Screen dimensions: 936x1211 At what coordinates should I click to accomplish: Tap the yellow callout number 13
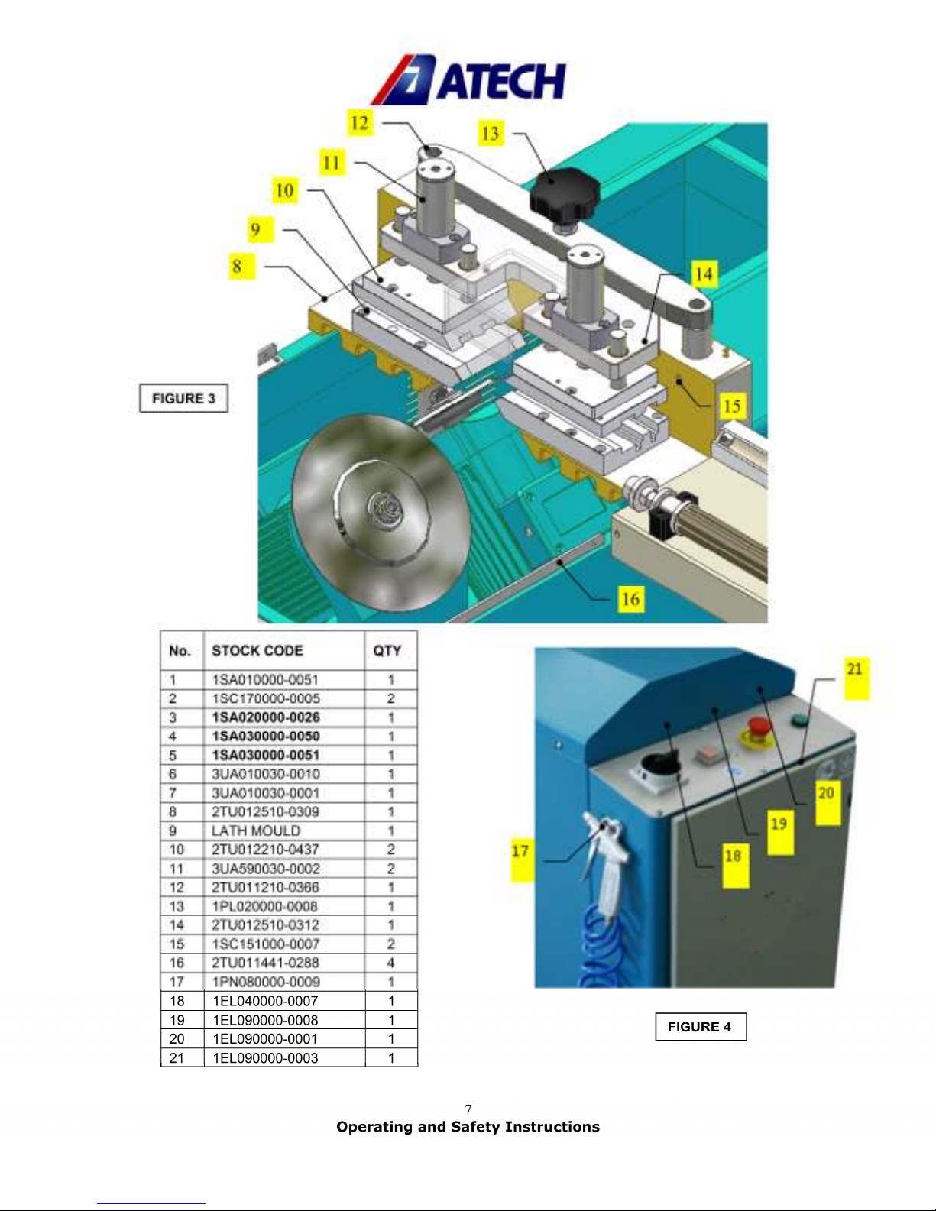pos(491,133)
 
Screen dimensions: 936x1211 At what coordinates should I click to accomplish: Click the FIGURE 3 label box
pos(183,398)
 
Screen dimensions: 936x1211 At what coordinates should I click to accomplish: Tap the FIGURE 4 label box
pos(701,1027)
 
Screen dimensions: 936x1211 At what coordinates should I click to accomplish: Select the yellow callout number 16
pos(631,599)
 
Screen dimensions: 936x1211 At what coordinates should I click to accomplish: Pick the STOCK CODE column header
pos(257,650)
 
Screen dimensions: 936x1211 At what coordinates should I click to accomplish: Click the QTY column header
pos(387,650)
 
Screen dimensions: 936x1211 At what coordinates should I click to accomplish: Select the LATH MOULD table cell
pos(256,831)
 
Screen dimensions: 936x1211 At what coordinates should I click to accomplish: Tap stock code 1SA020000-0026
pos(266,717)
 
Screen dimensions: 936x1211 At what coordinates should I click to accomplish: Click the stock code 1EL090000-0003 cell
pos(265,1057)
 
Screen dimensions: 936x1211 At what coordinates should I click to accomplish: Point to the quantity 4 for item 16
pos(390,963)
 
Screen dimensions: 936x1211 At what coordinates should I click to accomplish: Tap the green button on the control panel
pos(800,720)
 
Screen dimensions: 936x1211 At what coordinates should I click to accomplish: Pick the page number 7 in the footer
pos(468,1109)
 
